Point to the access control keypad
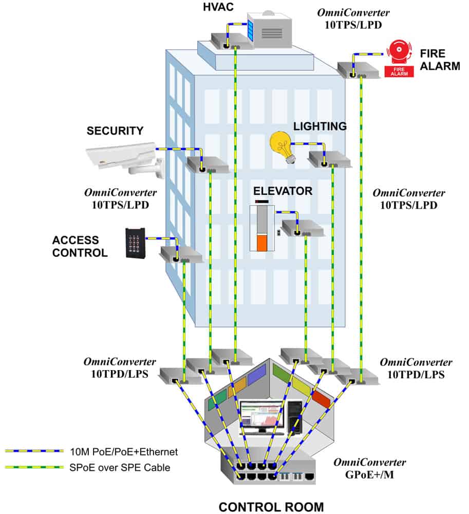(x=135, y=243)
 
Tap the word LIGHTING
(x=320, y=126)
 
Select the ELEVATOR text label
(x=283, y=191)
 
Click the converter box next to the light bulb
(x=329, y=159)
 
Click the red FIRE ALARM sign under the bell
(x=399, y=71)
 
